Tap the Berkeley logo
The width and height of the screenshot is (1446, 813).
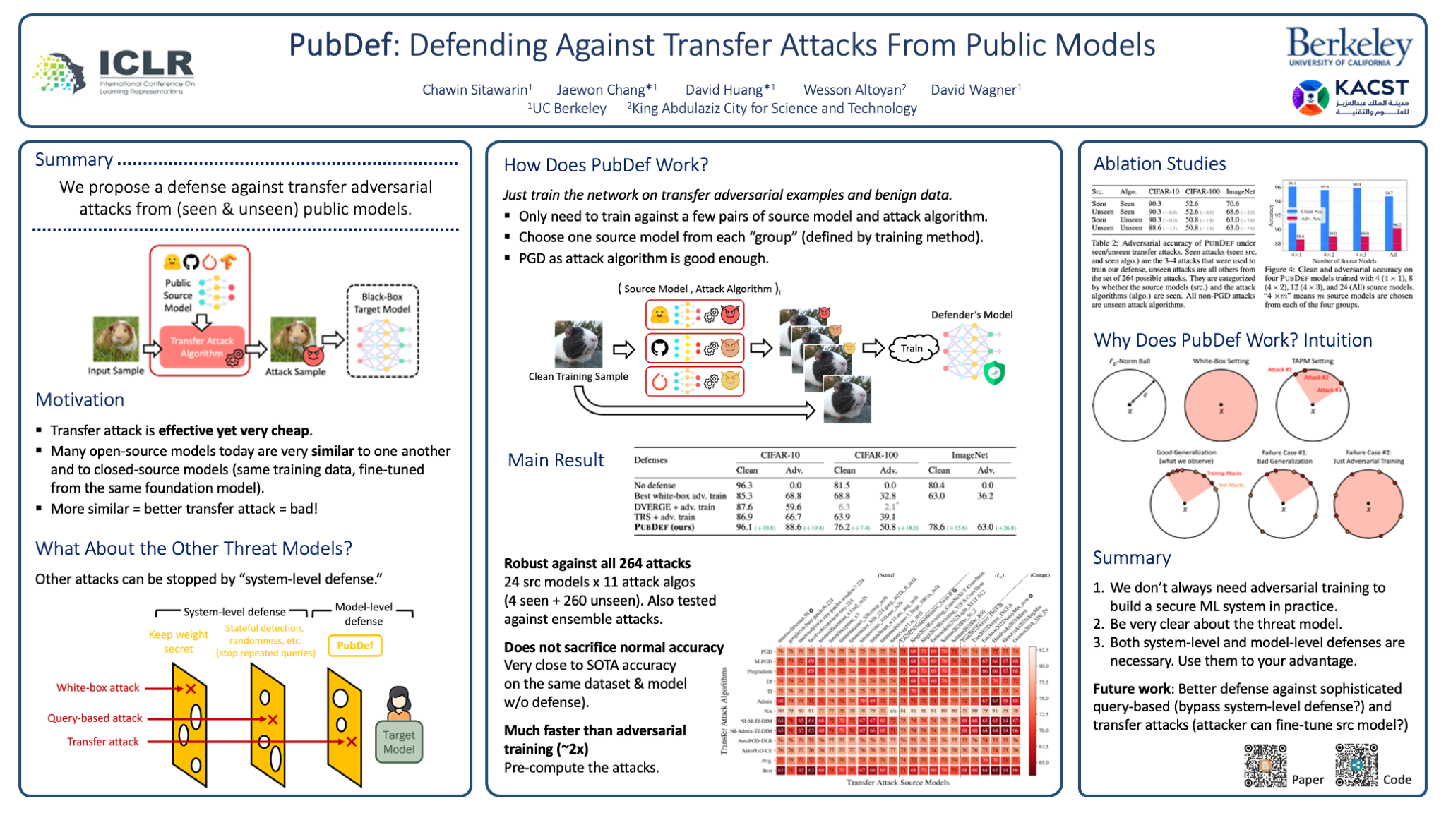[1349, 47]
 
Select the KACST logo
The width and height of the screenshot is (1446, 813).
[1350, 97]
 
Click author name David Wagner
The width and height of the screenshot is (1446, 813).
[975, 90]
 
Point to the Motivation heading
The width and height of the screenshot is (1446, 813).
[80, 400]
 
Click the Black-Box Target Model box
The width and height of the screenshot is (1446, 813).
[382, 331]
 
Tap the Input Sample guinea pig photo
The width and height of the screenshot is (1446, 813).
[116, 339]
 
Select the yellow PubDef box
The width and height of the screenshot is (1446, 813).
[355, 645]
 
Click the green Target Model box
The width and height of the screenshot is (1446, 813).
[399, 742]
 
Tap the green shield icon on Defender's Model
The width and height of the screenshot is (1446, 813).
[994, 373]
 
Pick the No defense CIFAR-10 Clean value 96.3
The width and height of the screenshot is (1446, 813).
[744, 486]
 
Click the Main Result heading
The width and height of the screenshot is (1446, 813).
[556, 460]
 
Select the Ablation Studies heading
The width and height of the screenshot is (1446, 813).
[1159, 164]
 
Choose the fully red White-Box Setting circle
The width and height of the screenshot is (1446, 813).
[1221, 406]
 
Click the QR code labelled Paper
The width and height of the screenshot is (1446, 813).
[1265, 765]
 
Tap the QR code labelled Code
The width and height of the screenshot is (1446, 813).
[1356, 765]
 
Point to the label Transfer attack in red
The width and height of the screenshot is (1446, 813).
[103, 742]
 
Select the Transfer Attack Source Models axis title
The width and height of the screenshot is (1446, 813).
[897, 783]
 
